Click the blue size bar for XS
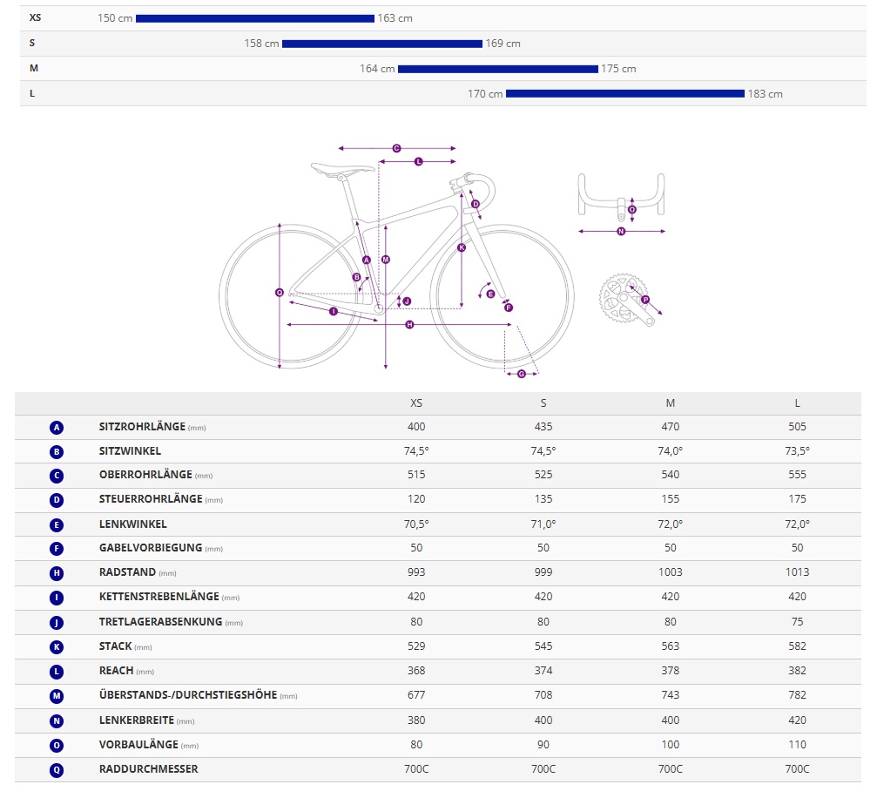tap(254, 18)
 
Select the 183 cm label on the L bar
tap(765, 94)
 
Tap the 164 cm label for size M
tap(377, 69)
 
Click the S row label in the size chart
tap(32, 43)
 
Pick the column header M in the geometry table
tap(670, 402)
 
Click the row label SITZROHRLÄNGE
tap(142, 427)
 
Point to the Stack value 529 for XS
tap(416, 646)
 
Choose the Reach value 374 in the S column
tap(543, 671)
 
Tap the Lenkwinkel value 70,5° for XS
tap(416, 524)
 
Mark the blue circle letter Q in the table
tap(57, 769)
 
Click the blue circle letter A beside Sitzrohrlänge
tap(57, 428)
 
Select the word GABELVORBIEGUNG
tap(150, 548)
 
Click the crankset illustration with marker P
tap(625, 301)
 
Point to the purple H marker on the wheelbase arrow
tap(409, 325)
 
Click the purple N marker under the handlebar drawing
tap(621, 232)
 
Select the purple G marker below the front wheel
tap(522, 374)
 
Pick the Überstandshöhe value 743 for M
tap(670, 695)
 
